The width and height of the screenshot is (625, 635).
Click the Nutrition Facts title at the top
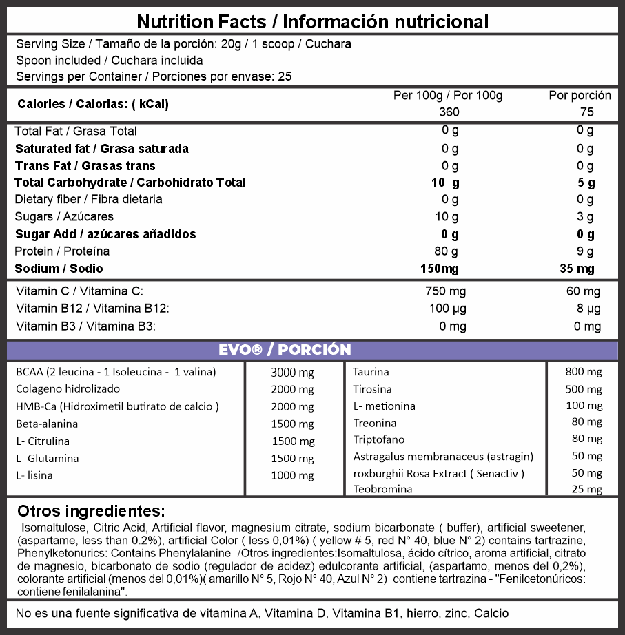313,21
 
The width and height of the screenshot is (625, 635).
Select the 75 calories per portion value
586,112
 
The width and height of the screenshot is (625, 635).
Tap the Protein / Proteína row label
63,251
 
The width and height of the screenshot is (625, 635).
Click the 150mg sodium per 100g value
439,268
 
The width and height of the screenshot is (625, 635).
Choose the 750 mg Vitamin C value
447,291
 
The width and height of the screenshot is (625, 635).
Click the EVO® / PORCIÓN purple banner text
285,349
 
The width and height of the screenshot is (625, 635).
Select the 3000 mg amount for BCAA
293,373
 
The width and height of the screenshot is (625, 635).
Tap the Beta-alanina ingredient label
47,424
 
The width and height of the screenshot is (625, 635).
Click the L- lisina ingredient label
34,475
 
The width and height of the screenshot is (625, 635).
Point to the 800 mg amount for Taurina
584,372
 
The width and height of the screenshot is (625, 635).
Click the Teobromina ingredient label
382,489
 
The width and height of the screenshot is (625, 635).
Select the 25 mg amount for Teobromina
586,489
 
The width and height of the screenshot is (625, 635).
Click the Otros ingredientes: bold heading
91,511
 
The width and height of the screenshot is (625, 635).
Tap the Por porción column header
580,95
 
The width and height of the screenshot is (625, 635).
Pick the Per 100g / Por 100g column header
448,95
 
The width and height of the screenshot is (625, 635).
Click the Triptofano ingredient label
379,439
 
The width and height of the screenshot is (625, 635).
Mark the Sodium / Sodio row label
59,268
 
